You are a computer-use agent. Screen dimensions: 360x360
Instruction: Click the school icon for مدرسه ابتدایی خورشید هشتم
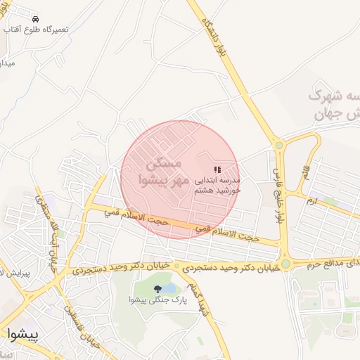click(x=217, y=169)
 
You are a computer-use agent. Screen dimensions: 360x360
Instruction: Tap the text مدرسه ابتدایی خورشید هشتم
click(x=217, y=185)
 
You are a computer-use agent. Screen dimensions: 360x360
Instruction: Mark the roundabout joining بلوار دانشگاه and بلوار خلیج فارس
click(x=279, y=146)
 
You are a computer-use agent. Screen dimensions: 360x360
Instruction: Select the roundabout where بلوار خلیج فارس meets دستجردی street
click(x=286, y=264)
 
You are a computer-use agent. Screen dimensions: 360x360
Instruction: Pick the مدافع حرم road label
click(x=334, y=262)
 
